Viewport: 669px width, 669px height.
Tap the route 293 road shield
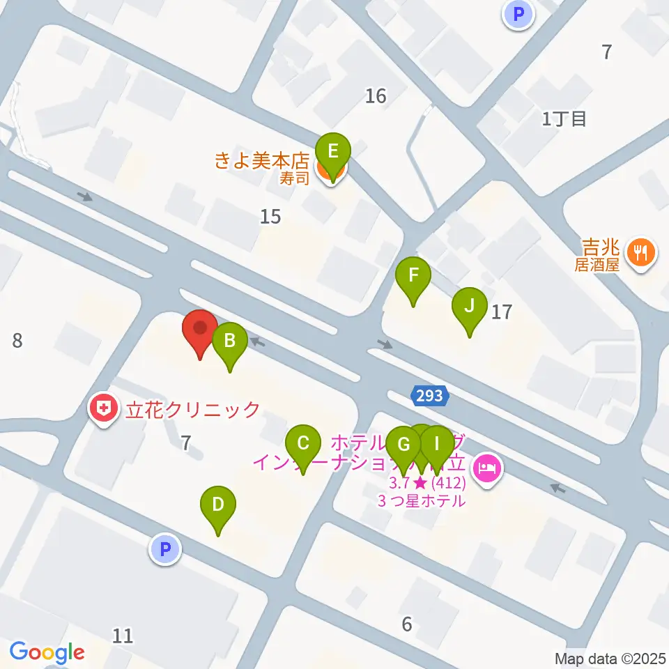(x=430, y=396)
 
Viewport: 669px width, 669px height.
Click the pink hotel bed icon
(x=486, y=466)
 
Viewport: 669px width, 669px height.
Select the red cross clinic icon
(x=105, y=409)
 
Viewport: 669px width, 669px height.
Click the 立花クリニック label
(x=192, y=410)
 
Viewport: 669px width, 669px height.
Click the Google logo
(x=47, y=652)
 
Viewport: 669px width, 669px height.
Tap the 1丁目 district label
(x=564, y=118)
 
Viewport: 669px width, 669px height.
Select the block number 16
(x=376, y=95)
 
